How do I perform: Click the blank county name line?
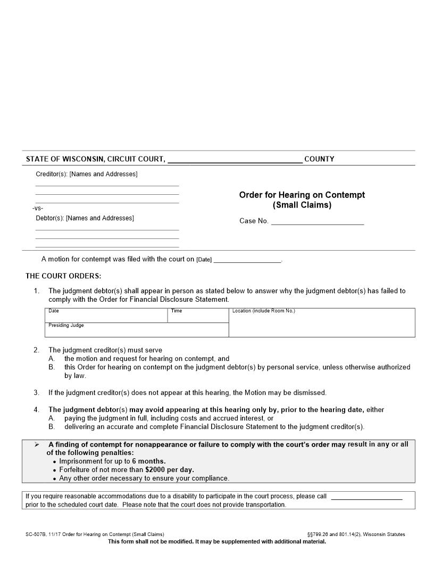pos(235,160)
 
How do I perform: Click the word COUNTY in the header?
pos(319,159)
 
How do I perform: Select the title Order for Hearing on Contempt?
pos(302,195)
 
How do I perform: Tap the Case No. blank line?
pos(318,221)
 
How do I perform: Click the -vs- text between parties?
pos(38,208)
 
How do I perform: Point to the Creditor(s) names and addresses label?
pos(86,175)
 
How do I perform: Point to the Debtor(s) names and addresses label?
pos(85,218)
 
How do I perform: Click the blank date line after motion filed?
pos(247,260)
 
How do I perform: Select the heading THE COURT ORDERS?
pos(63,276)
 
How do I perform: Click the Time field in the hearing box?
pos(198,316)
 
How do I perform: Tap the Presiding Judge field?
pos(136,330)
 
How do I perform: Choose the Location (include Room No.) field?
pos(321,323)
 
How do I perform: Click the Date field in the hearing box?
pos(106,316)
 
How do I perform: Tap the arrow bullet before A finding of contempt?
pos(37,444)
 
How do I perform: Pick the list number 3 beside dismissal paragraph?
pos(36,393)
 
